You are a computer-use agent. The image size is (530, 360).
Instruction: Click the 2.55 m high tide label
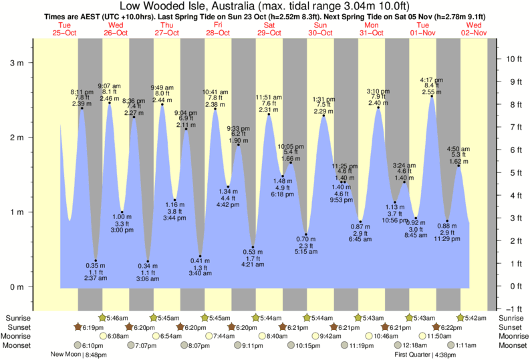[x=430, y=92]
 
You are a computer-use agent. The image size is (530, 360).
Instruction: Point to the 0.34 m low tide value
[x=148, y=266]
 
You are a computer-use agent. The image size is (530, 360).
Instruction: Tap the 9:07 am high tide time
[x=109, y=86]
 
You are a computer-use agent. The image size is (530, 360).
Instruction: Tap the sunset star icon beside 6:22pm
[x=436, y=327]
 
